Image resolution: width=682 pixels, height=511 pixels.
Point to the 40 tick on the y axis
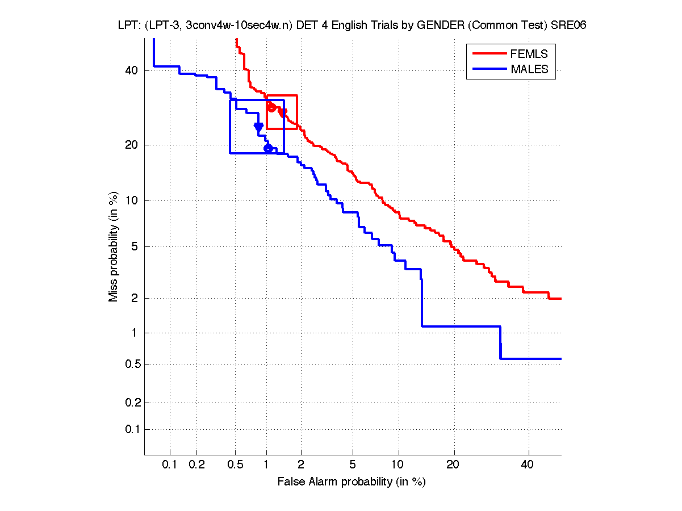(x=132, y=70)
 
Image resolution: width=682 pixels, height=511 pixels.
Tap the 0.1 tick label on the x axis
(x=170, y=465)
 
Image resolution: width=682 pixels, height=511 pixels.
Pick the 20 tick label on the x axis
(x=453, y=465)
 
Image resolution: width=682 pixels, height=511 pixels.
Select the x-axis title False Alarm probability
(x=352, y=482)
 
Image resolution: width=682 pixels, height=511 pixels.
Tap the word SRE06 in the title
(x=572, y=25)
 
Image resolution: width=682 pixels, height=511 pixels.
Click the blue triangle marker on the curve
(x=258, y=127)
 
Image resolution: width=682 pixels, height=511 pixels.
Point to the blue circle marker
(x=269, y=148)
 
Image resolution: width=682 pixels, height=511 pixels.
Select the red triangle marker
(x=282, y=113)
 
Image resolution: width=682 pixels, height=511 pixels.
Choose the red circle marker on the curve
(x=271, y=107)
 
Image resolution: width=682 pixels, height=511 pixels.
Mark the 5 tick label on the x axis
(x=353, y=465)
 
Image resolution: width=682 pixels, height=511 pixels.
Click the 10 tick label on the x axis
(x=399, y=465)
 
